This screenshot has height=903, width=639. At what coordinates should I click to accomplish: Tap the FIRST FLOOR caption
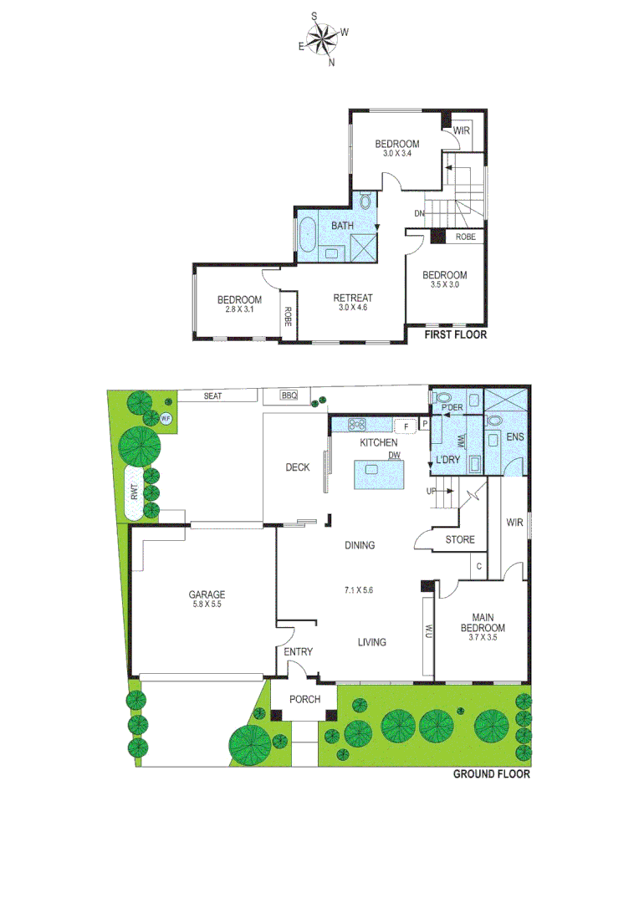[455, 334]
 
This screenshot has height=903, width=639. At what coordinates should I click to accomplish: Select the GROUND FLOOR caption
[491, 774]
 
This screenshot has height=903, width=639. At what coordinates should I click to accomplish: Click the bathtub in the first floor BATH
[307, 236]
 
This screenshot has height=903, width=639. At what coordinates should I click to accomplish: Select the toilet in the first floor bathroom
[366, 202]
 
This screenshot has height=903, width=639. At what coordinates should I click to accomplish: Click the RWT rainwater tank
[135, 493]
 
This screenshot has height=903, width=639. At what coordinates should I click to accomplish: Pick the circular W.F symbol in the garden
[166, 418]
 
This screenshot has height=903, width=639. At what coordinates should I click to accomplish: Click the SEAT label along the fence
[212, 396]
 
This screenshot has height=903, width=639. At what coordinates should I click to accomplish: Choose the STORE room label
[460, 540]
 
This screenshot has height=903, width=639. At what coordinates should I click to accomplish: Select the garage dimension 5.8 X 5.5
[205, 604]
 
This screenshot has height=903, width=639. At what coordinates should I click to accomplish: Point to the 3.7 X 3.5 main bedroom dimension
[485, 639]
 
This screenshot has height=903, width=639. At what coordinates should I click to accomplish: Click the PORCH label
[304, 699]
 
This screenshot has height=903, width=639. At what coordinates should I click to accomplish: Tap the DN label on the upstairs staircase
[419, 213]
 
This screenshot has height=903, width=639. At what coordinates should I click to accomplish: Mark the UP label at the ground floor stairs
[432, 491]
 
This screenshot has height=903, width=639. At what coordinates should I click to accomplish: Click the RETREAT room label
[353, 298]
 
